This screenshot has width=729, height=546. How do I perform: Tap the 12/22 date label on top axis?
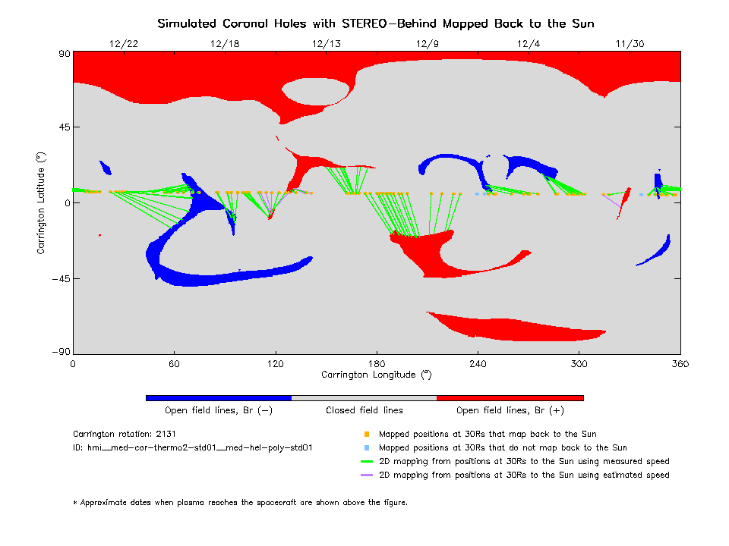point(123,43)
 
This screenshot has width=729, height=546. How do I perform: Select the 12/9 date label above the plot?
point(428,43)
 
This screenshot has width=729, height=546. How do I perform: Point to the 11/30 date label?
point(630,43)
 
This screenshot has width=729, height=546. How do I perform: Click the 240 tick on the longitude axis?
point(478,363)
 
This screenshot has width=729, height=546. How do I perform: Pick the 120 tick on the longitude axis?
point(275,363)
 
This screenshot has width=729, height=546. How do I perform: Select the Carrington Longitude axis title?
point(376,375)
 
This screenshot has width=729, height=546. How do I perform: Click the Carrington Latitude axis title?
point(41,202)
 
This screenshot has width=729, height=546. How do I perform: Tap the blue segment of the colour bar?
point(218,397)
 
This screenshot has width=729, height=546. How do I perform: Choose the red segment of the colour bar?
point(510,397)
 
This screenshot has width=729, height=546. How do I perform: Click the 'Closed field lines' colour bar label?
point(364,411)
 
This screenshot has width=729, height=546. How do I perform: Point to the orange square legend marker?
point(366,435)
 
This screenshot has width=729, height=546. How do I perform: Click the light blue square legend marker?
point(366,448)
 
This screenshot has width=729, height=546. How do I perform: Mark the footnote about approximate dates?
point(240,502)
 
